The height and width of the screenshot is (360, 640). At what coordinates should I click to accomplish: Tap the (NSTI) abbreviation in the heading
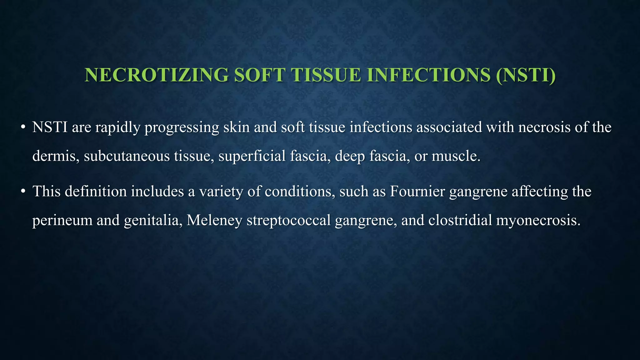526,75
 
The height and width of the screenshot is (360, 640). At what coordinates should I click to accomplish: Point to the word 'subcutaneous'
127,156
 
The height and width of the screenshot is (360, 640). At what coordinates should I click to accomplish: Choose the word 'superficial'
252,156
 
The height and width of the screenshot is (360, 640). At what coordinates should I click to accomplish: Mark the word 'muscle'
455,156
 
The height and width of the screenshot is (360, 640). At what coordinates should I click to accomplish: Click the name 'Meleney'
214,221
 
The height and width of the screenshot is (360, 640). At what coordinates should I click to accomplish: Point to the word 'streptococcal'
289,221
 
